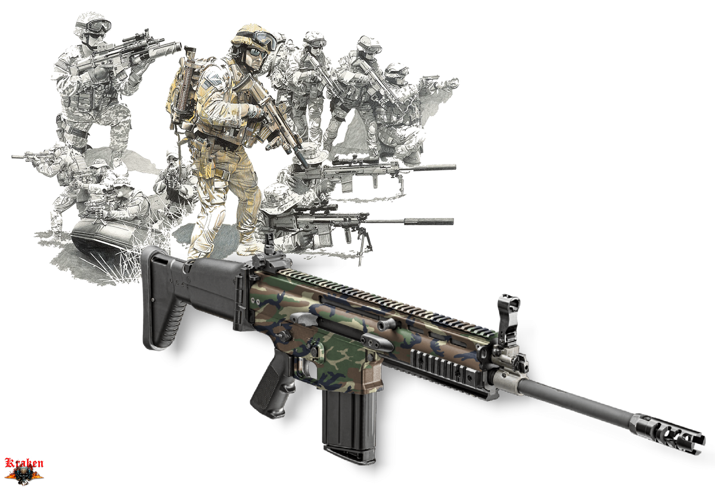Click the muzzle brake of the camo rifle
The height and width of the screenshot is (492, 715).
[667, 433]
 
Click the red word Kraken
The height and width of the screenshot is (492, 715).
[24, 463]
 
